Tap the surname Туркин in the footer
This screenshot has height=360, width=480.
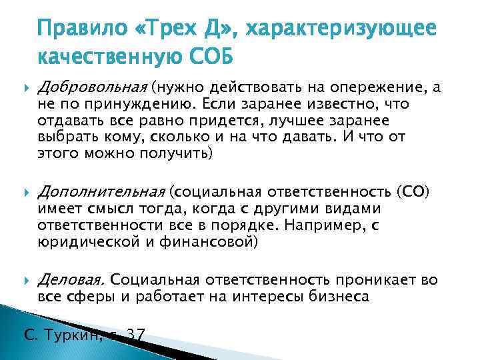coord(73,335)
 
